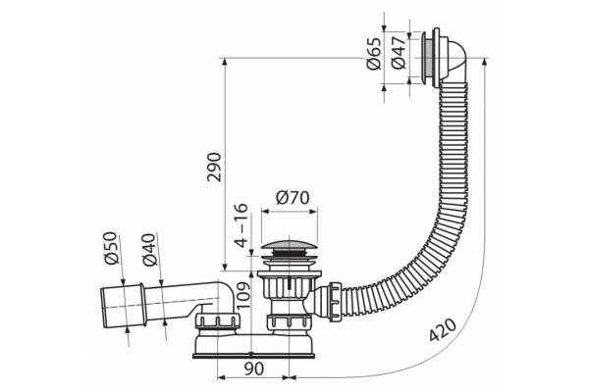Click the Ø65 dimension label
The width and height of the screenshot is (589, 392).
click(x=374, y=54)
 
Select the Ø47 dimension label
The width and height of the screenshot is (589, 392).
click(x=399, y=53)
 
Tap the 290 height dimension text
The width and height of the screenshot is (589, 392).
click(x=214, y=167)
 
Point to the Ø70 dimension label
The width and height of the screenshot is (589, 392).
click(x=293, y=197)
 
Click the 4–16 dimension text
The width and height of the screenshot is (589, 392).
click(x=241, y=225)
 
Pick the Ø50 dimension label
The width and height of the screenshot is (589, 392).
click(x=111, y=248)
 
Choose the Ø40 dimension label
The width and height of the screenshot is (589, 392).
click(x=149, y=250)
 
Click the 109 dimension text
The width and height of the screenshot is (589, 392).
click(x=243, y=295)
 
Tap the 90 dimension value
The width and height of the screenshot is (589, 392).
click(x=254, y=369)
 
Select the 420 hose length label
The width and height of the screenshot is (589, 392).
click(x=444, y=330)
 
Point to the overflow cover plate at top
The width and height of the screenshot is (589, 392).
click(x=426, y=58)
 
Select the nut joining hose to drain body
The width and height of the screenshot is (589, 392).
click(x=335, y=303)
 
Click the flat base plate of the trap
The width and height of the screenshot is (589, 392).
click(x=253, y=355)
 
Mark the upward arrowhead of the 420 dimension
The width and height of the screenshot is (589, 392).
click(x=484, y=63)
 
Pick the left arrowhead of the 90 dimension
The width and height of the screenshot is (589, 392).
click(x=222, y=377)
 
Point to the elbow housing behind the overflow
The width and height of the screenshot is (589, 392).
click(x=454, y=58)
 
